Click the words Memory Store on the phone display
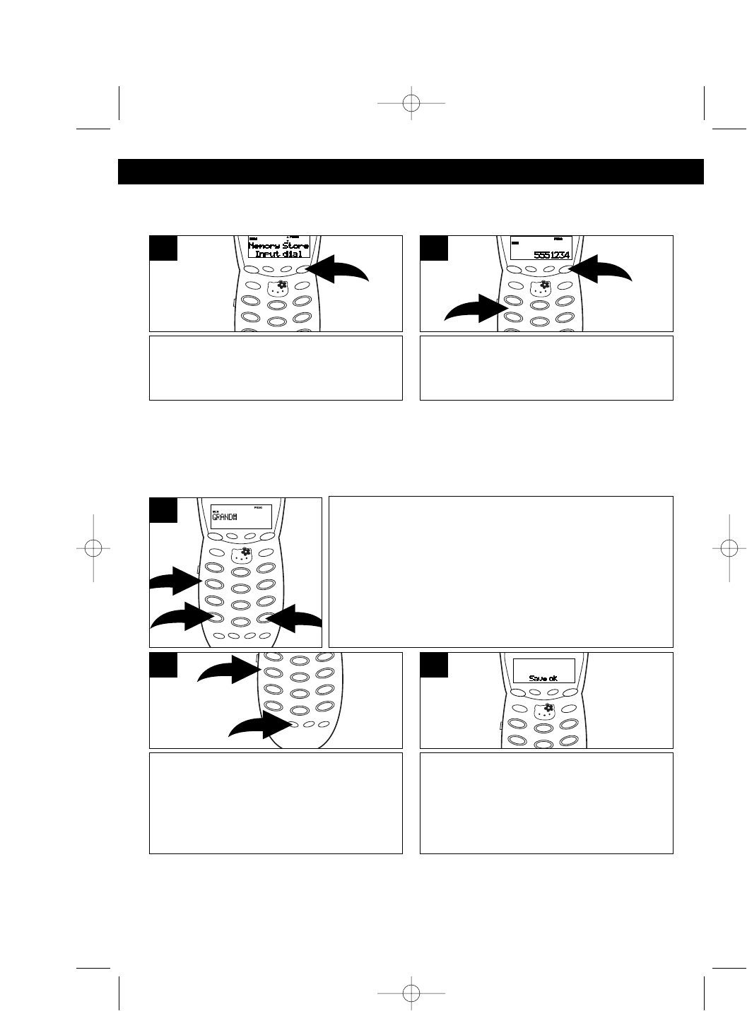click(278, 245)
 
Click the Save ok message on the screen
click(543, 678)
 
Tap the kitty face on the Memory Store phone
click(278, 287)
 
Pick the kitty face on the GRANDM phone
click(242, 553)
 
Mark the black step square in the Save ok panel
click(434, 666)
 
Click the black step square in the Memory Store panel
click(163, 249)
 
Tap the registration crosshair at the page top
click(411, 104)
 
